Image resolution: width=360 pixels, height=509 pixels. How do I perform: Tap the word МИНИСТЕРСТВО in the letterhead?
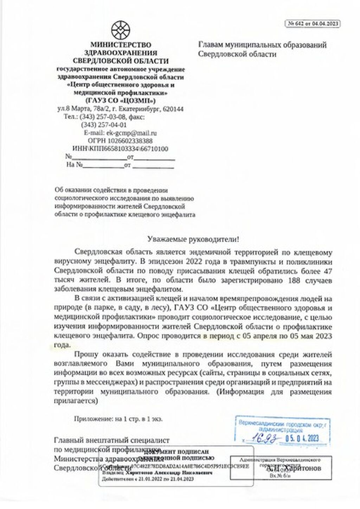[121, 45]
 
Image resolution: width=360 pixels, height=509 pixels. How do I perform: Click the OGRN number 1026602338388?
[135, 141]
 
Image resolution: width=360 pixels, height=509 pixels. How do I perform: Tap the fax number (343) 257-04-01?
[104, 125]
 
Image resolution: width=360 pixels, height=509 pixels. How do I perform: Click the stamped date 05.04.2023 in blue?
[302, 438]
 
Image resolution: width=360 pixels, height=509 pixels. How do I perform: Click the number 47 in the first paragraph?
[327, 271]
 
